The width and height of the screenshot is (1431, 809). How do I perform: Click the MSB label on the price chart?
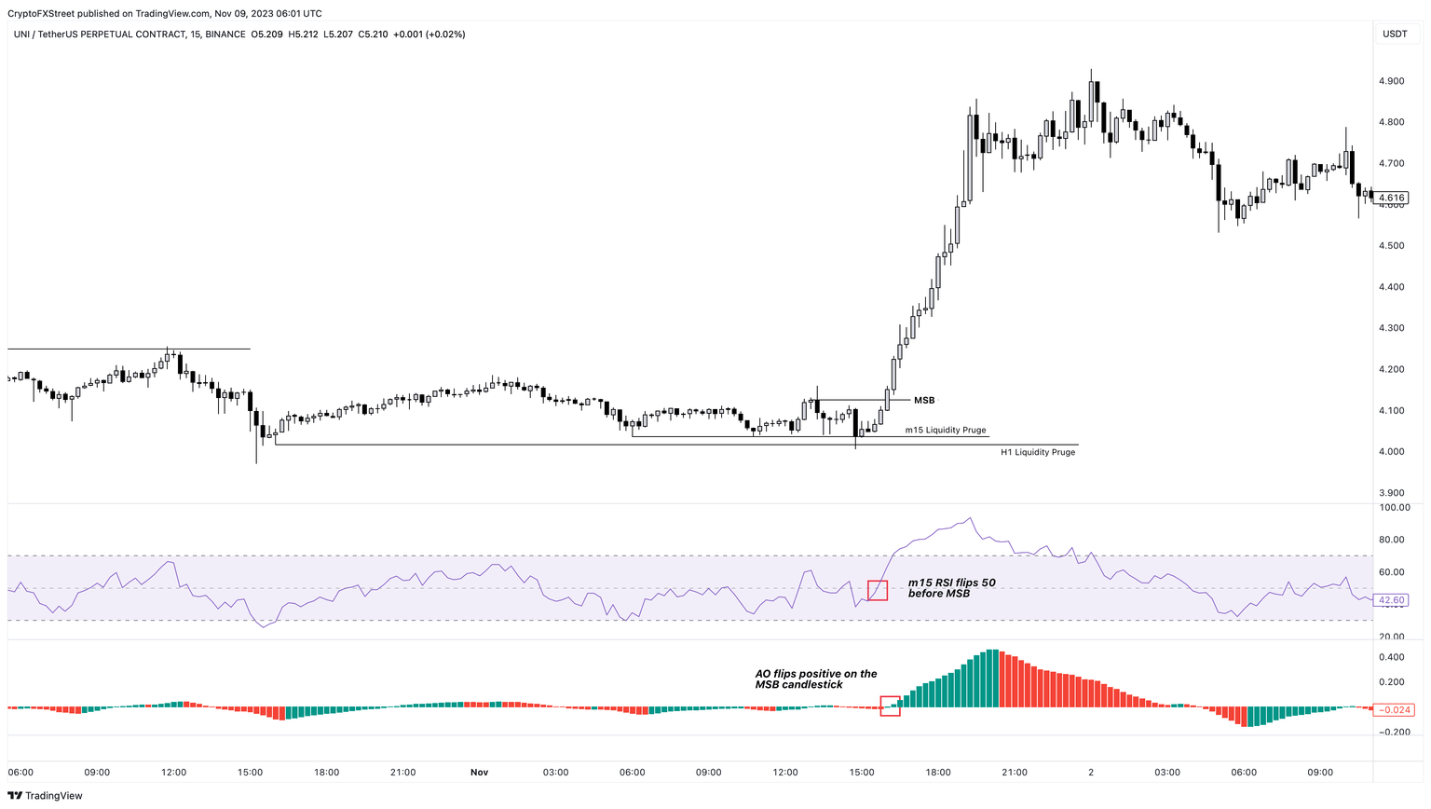click(923, 401)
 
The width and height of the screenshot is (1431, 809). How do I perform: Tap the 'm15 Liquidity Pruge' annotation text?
click(945, 431)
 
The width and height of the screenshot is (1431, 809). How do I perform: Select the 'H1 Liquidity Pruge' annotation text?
click(1037, 452)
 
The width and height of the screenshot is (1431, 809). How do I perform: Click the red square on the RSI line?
click(878, 590)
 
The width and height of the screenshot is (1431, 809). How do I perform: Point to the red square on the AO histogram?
click(890, 706)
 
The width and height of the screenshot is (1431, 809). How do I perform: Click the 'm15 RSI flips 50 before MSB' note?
click(951, 588)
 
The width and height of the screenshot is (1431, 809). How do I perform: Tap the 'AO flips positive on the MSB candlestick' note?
click(815, 679)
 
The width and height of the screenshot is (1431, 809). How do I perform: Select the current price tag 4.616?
click(1391, 198)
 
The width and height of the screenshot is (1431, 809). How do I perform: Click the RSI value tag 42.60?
click(1391, 600)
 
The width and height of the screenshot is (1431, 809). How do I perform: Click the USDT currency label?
click(1395, 34)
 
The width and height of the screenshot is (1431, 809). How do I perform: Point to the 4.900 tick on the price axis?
click(1391, 81)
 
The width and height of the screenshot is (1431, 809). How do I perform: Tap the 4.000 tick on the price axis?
click(1391, 452)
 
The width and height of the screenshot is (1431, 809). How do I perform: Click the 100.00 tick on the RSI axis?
click(1394, 508)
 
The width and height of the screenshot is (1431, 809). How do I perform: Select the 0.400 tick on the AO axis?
click(1392, 657)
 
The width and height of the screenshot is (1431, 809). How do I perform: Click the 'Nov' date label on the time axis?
click(479, 773)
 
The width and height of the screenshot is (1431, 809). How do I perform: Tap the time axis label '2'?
click(1091, 773)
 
